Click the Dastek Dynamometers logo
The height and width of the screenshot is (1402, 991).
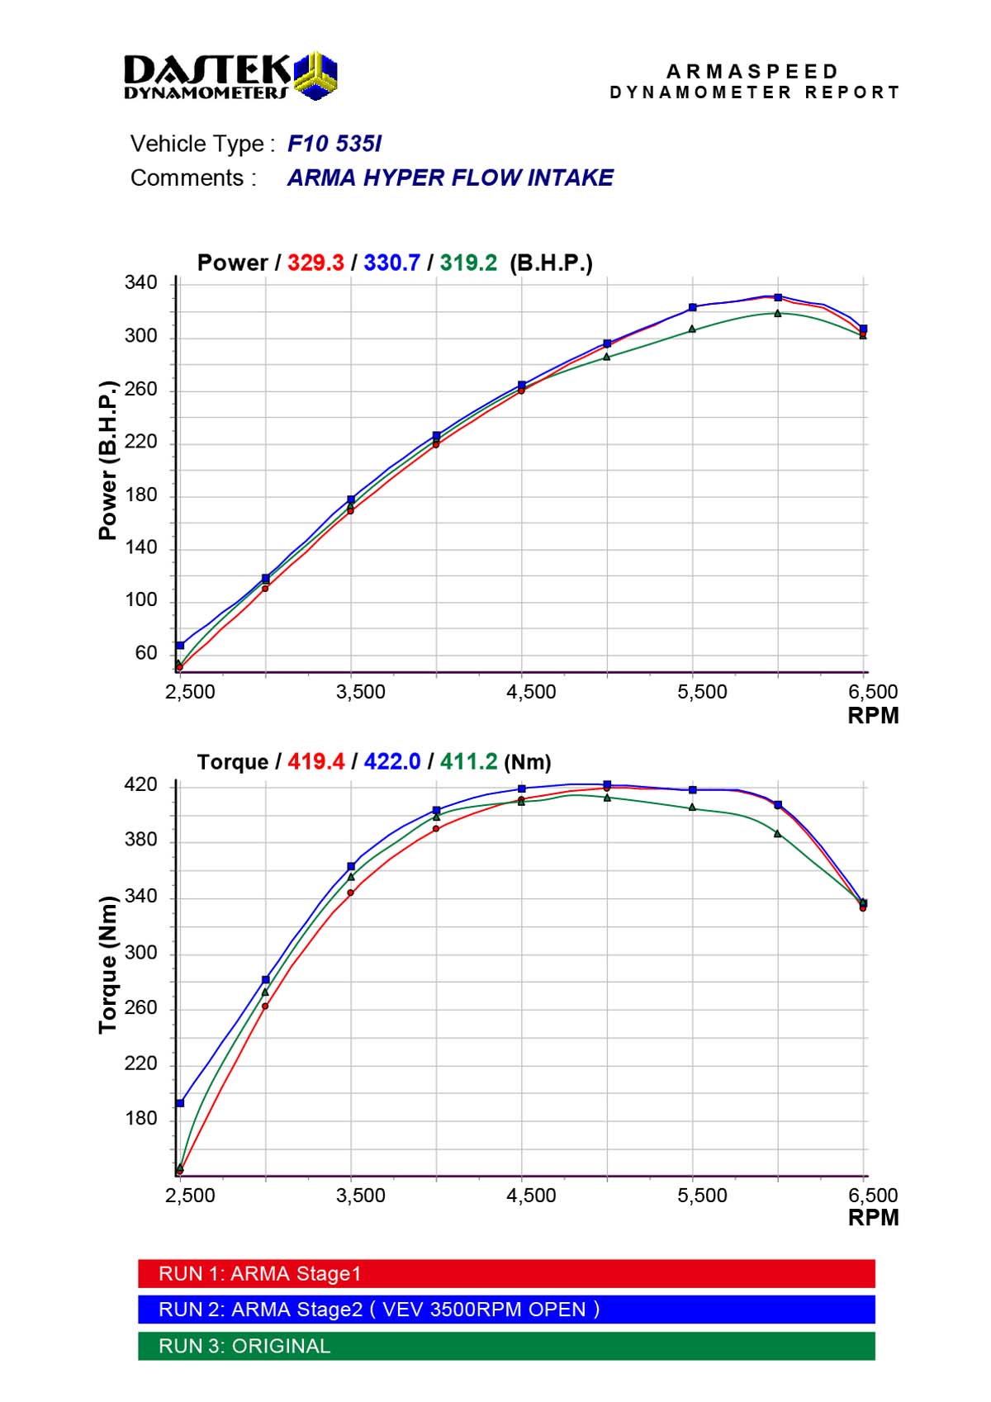click(230, 76)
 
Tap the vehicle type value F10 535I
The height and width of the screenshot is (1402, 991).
click(334, 144)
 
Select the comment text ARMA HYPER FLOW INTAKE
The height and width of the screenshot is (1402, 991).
click(450, 178)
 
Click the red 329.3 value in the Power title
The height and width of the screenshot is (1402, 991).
click(315, 263)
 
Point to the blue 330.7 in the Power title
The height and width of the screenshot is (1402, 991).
click(391, 263)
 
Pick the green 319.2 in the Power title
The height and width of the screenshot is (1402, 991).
click(468, 263)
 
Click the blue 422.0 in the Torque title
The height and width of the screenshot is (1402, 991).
click(391, 761)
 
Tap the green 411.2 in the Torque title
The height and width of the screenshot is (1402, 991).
click(468, 761)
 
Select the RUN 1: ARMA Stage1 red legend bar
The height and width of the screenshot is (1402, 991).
click(506, 1273)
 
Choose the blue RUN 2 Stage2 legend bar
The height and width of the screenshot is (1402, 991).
click(506, 1310)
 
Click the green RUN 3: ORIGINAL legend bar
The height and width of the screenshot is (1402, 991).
click(506, 1346)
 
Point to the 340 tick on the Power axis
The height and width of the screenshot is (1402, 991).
click(140, 283)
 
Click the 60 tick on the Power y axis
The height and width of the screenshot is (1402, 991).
click(145, 653)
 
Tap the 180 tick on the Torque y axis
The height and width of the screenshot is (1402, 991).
click(140, 1119)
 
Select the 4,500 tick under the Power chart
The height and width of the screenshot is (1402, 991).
click(531, 692)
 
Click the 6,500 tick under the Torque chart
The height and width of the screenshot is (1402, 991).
click(873, 1195)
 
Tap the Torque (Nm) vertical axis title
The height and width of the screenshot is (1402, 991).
click(108, 964)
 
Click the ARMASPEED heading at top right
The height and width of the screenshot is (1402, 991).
click(752, 72)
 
